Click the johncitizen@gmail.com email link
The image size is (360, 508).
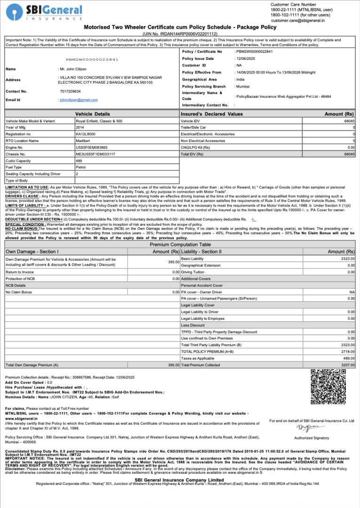coord(78,100)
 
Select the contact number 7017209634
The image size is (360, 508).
coord(70,91)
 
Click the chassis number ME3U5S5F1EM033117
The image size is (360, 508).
coord(95,154)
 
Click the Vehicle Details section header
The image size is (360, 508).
coord(93,114)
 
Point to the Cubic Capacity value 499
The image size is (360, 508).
coord(79,160)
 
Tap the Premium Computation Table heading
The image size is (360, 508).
coord(180,245)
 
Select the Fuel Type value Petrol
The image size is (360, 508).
coord(81,167)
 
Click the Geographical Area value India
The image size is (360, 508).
coord(240,79)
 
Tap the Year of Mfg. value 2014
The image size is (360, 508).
coord(80,127)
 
